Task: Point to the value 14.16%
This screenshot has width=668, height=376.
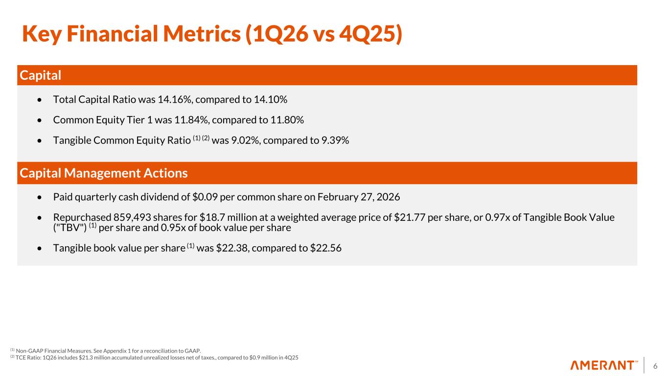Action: (172, 100)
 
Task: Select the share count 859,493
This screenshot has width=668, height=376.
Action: (136, 217)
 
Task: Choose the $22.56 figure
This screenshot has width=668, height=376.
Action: (325, 248)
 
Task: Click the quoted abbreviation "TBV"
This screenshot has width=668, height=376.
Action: (70, 228)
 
